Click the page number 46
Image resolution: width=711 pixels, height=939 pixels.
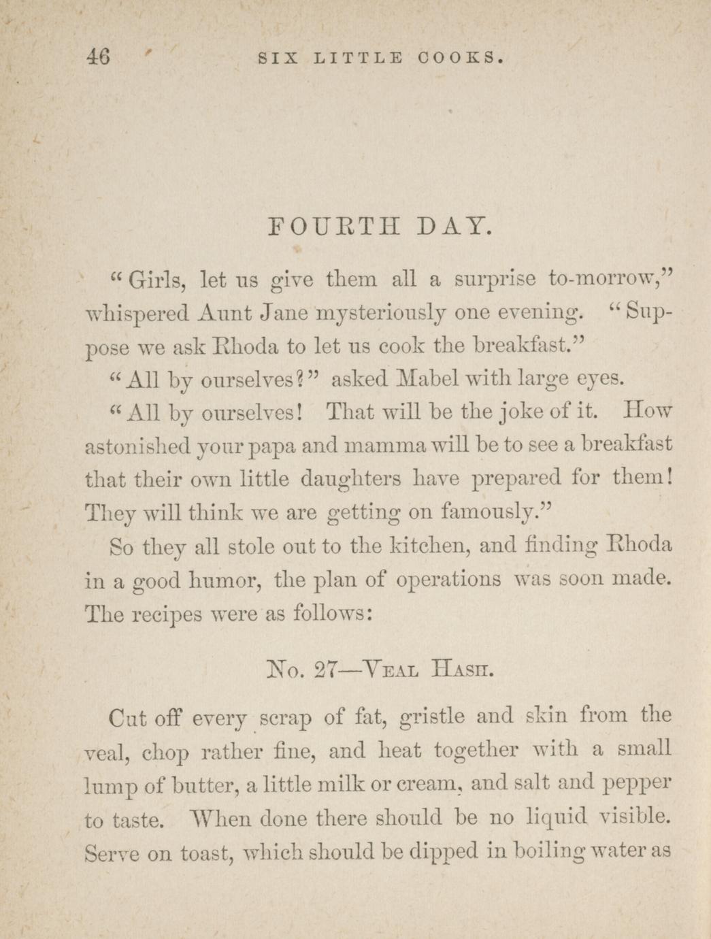[98, 56]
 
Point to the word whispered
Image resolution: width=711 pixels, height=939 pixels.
[137, 314]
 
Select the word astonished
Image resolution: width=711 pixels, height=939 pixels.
[128, 445]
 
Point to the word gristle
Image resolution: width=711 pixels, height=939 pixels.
[432, 716]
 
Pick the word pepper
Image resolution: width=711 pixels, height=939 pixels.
[637, 784]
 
